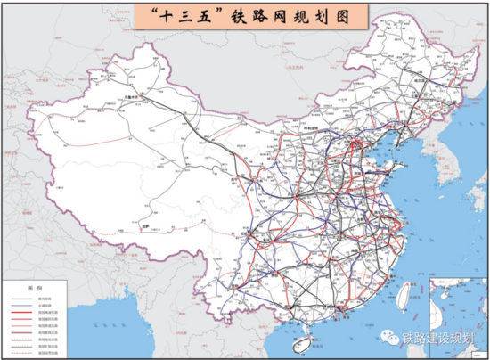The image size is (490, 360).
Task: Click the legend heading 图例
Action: [x=35, y=289]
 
